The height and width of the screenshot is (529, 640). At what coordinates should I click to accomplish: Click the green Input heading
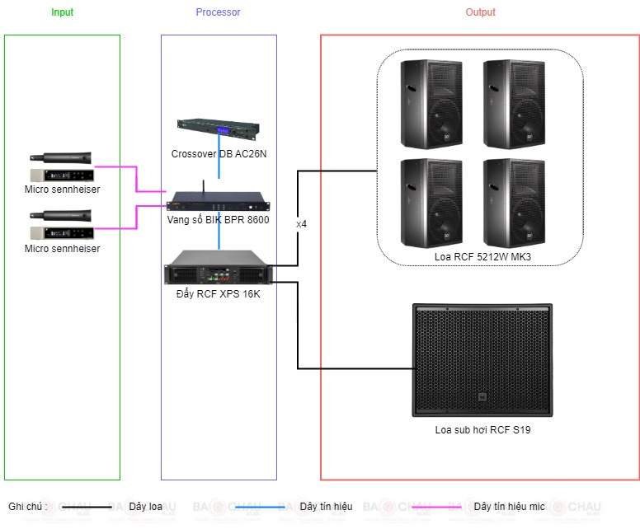tap(62, 12)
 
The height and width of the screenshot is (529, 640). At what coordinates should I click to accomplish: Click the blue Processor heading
tap(218, 12)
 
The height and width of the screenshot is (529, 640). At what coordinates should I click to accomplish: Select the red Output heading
tap(480, 12)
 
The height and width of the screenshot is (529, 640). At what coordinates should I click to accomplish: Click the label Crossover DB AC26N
tap(219, 154)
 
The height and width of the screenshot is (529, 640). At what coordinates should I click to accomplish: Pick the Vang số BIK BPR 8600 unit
tap(219, 201)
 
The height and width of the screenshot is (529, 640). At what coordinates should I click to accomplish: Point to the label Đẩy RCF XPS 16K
tap(218, 293)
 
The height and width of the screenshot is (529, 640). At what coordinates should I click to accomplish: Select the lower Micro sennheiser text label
tap(63, 249)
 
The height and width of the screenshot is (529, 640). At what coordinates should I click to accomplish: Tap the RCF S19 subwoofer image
tap(482, 360)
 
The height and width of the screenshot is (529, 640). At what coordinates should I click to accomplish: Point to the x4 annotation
tap(301, 224)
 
